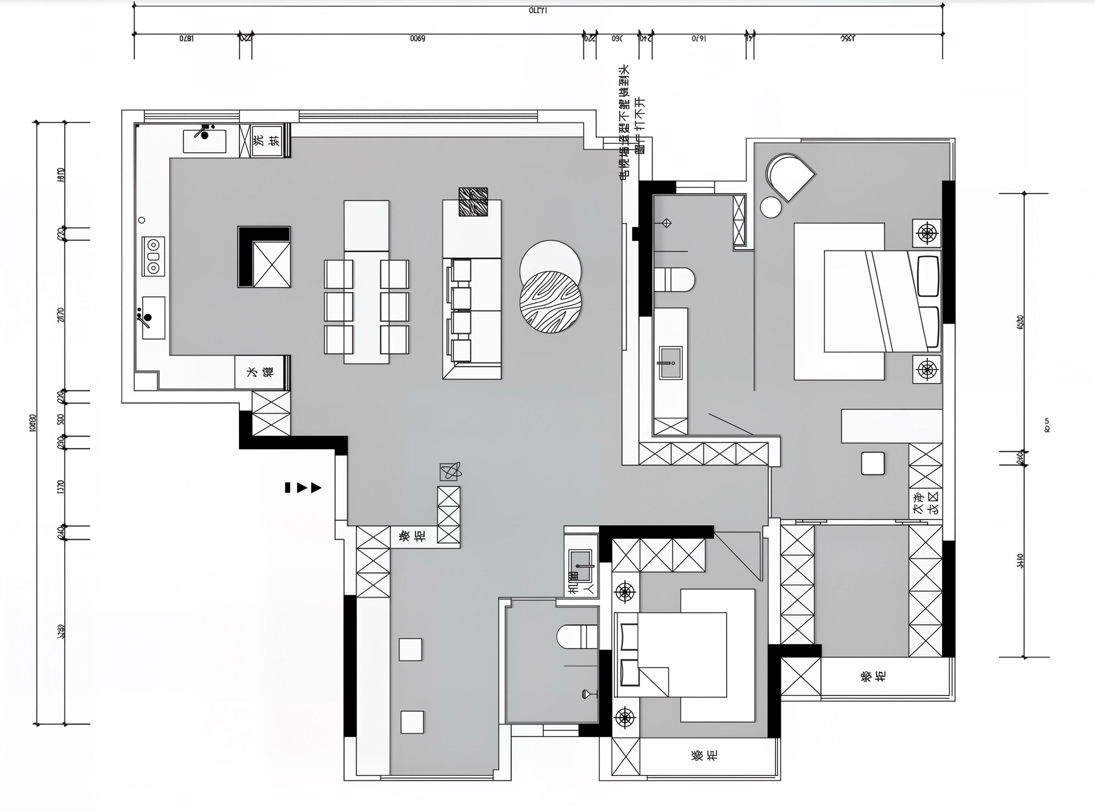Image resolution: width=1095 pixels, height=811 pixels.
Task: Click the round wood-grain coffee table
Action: pyautogui.click(x=551, y=301)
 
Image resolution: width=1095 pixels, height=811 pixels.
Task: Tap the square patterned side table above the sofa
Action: pyautogui.click(x=473, y=202)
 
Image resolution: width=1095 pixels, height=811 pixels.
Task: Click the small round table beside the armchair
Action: pyautogui.click(x=771, y=207)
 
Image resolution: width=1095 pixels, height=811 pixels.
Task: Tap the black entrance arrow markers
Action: pyautogui.click(x=303, y=487)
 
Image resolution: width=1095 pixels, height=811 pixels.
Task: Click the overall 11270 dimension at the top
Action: pyautogui.click(x=538, y=10)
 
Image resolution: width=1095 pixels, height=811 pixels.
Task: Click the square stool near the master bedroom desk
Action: pyautogui.click(x=873, y=463)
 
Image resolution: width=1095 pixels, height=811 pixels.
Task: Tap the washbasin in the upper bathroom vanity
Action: pyautogui.click(x=670, y=363)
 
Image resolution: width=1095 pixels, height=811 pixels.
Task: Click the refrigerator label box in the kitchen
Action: pyautogui.click(x=260, y=372)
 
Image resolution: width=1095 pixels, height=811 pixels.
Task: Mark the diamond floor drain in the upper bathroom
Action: pyautogui.click(x=666, y=223)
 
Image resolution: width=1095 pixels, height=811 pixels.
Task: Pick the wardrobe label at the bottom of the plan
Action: pyautogui.click(x=704, y=755)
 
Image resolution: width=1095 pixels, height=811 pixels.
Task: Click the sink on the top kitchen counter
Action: pyautogui.click(x=205, y=140)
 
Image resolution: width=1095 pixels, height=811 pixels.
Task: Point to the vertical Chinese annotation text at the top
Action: pyautogui.click(x=632, y=123)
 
